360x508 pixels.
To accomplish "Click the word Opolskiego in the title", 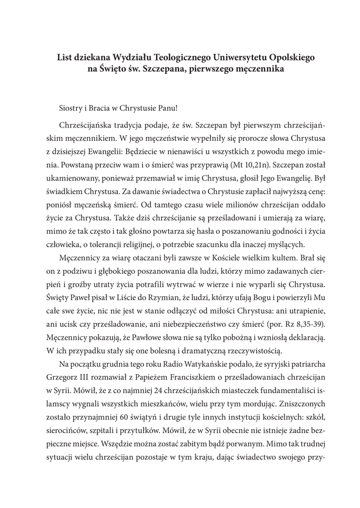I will (x=283, y=58).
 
